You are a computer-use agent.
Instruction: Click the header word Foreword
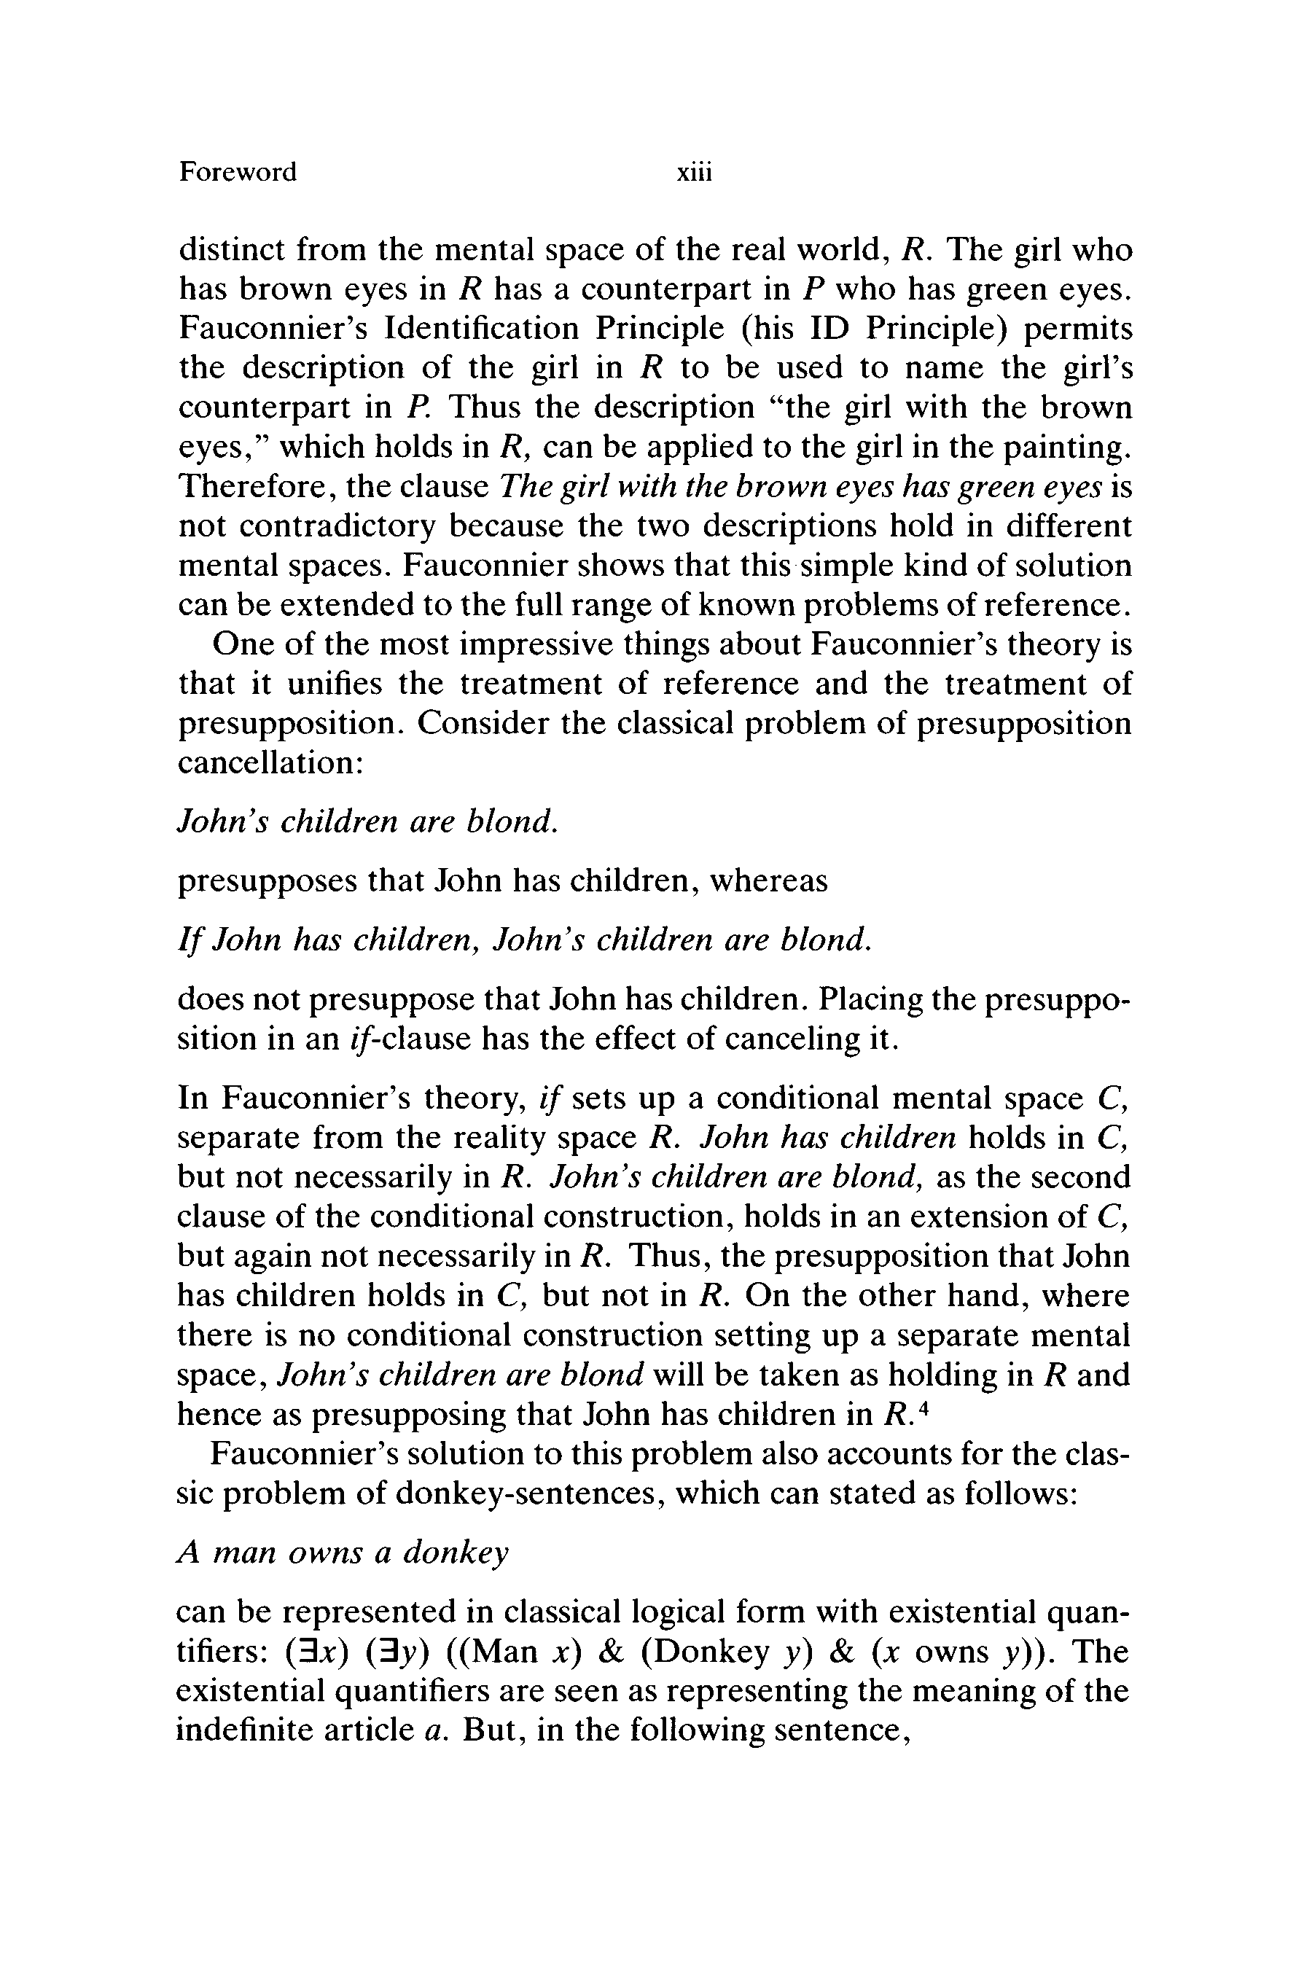pos(238,172)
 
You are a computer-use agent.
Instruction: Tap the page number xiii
pos(694,172)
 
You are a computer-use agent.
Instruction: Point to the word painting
pos(1067,448)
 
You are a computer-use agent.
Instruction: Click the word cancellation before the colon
pos(266,763)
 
